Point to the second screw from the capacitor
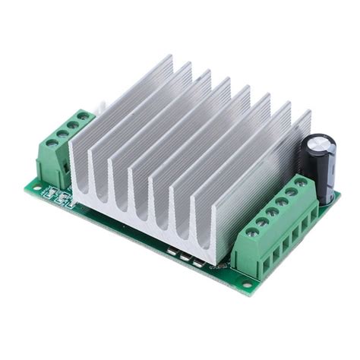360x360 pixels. click(x=290, y=194)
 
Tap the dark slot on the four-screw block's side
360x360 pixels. click(x=66, y=164)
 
